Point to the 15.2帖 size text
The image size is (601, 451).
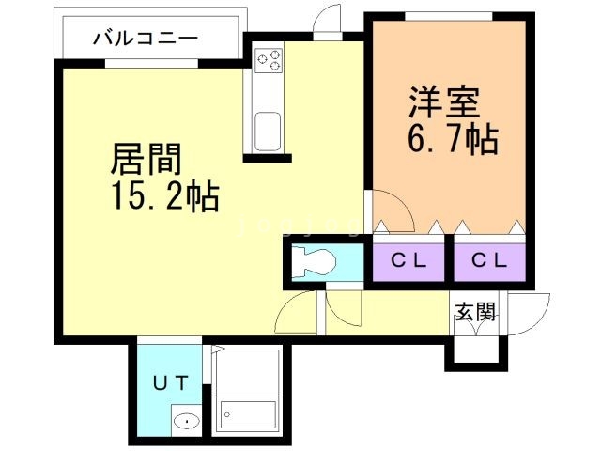165,197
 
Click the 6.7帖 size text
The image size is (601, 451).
452,141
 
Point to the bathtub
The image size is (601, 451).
248,413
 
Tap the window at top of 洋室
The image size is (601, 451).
445,15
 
